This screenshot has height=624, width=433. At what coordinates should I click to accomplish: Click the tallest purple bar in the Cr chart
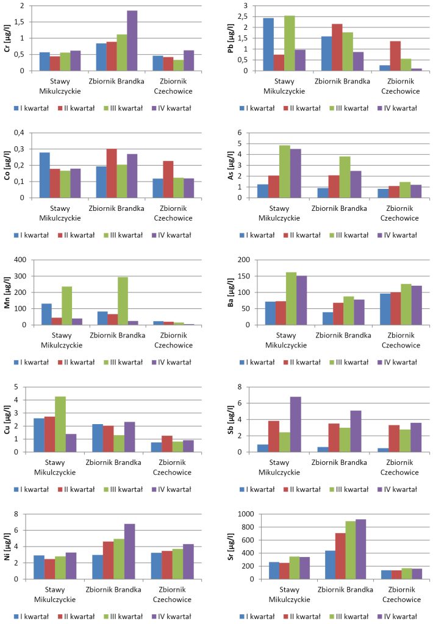click(132, 41)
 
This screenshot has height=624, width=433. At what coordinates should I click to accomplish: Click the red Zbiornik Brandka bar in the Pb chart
click(337, 48)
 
